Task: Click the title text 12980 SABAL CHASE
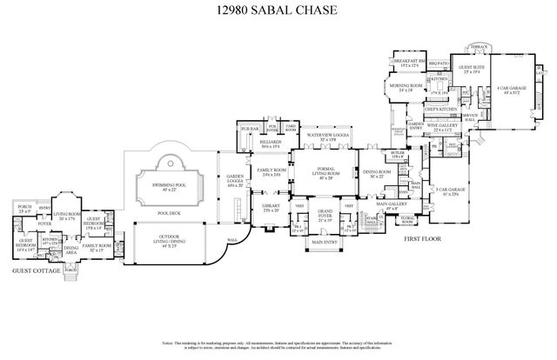(x=278, y=11)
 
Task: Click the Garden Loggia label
(x=235, y=183)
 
